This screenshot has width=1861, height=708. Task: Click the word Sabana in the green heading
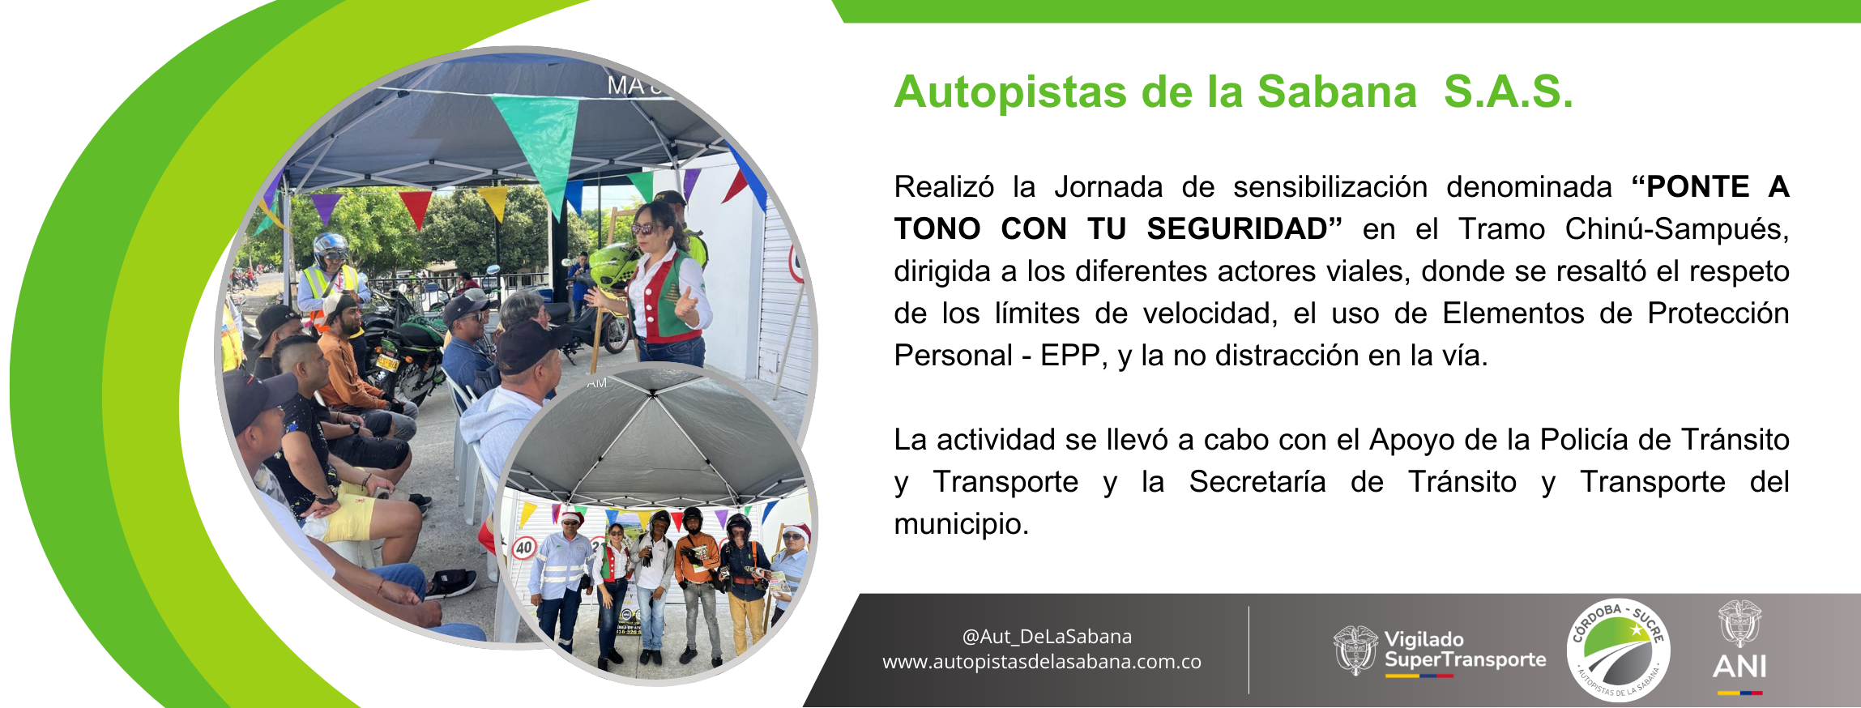(1337, 92)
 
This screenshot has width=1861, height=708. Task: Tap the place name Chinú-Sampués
(1676, 229)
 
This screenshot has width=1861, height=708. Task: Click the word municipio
(961, 524)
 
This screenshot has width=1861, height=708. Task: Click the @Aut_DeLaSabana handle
(1047, 637)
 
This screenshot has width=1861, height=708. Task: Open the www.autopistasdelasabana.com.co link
(1042, 662)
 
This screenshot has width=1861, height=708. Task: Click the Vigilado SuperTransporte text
(1465, 650)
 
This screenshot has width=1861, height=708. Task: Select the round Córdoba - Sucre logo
(1618, 650)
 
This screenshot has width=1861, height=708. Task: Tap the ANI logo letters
(1739, 666)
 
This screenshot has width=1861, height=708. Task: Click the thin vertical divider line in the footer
(1248, 650)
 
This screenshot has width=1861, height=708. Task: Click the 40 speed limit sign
(524, 548)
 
